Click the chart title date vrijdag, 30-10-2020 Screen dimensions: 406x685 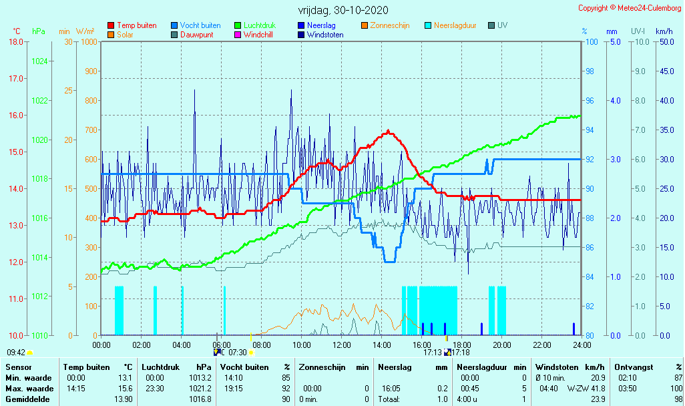click(342, 11)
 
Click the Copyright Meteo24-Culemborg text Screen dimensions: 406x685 click(630, 8)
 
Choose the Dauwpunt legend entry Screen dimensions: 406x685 click(197, 35)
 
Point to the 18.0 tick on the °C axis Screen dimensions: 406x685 click(15, 42)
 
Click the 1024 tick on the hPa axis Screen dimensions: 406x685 click(39, 61)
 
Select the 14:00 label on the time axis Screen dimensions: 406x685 click(382, 345)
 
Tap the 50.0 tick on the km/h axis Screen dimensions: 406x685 click(664, 42)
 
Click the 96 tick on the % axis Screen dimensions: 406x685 click(590, 101)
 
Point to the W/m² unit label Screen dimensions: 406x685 click(85, 31)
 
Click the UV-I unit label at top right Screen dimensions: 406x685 click(638, 31)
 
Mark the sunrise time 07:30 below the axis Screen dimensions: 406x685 click(238, 353)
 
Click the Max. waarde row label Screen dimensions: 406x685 click(29, 389)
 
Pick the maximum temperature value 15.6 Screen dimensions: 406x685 click(125, 389)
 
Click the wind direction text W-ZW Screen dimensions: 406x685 click(578, 389)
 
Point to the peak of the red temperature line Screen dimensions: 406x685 click(387, 132)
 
